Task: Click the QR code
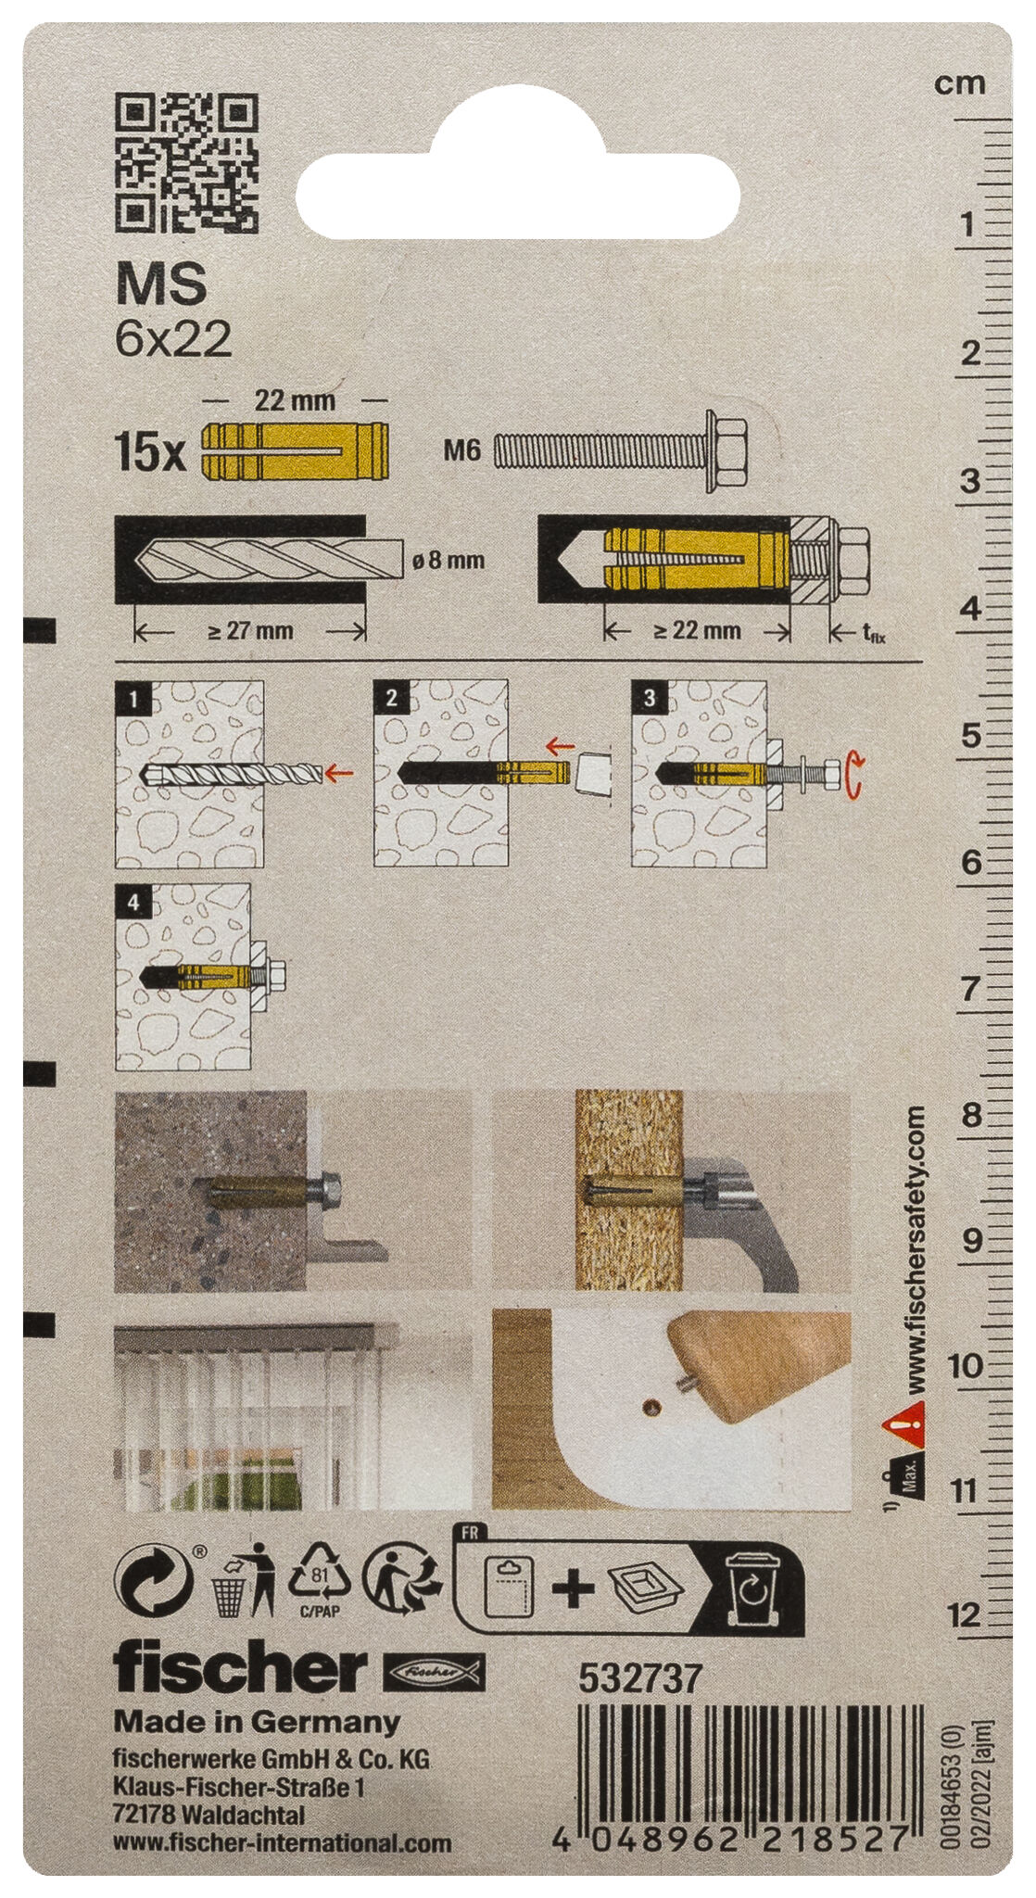coord(186,163)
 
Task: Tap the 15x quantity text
coord(148,451)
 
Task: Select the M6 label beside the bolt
coord(461,451)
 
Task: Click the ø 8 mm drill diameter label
coord(448,560)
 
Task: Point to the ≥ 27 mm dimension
coord(249,631)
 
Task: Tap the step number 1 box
coord(134,698)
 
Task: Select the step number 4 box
coord(134,901)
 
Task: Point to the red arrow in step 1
coord(340,771)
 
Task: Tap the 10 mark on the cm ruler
coord(966,1364)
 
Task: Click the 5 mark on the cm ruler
coord(970,736)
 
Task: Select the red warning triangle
coord(903,1423)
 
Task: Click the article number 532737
coord(640,1678)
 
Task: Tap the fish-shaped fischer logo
coord(434,1671)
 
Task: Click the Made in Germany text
coord(257,1722)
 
